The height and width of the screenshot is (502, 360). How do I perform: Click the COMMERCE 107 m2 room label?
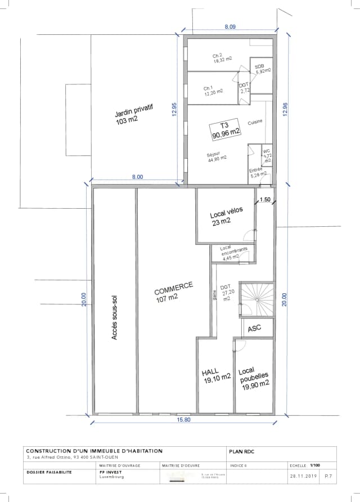(x=173, y=292)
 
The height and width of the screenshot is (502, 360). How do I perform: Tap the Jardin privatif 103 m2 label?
(x=134, y=114)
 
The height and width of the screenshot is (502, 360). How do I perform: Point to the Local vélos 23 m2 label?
(x=226, y=217)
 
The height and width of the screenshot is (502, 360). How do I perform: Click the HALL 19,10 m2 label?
(x=215, y=376)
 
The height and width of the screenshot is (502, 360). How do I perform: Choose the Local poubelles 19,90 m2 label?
(x=253, y=378)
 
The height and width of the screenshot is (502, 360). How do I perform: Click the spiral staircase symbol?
(x=256, y=299)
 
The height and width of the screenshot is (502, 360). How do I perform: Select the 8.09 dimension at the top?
(x=230, y=26)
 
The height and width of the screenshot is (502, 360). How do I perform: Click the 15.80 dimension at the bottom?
(x=184, y=419)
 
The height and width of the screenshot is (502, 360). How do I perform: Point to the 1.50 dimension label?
(x=265, y=199)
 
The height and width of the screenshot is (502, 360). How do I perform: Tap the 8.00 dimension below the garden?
(x=137, y=177)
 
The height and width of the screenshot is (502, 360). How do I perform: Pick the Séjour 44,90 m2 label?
(x=217, y=156)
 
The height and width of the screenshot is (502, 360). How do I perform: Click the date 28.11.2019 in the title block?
(x=304, y=476)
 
